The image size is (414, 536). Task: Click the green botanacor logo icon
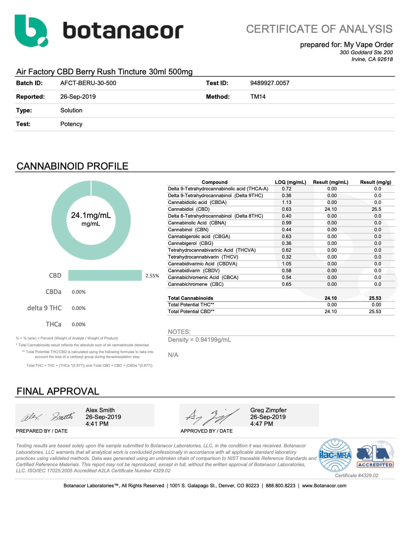click(31, 31)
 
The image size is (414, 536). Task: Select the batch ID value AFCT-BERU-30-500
click(88, 83)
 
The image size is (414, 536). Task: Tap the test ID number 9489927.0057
click(270, 83)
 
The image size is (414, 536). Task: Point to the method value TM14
click(258, 97)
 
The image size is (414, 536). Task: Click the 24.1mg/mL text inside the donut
click(91, 215)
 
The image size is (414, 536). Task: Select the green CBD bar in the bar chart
click(105, 275)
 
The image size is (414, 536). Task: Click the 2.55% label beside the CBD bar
click(152, 276)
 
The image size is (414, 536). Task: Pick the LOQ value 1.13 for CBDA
click(286, 202)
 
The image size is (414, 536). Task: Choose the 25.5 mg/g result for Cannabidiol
click(376, 209)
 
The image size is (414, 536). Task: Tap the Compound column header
click(214, 182)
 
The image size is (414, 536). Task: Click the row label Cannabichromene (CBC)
click(195, 284)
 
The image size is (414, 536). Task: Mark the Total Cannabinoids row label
click(190, 298)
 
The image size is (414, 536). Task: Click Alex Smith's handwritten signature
click(47, 416)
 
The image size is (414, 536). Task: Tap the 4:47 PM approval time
click(261, 424)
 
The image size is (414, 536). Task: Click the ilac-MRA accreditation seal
click(335, 455)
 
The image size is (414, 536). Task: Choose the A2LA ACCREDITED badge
click(375, 455)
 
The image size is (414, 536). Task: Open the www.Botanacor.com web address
click(324, 486)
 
